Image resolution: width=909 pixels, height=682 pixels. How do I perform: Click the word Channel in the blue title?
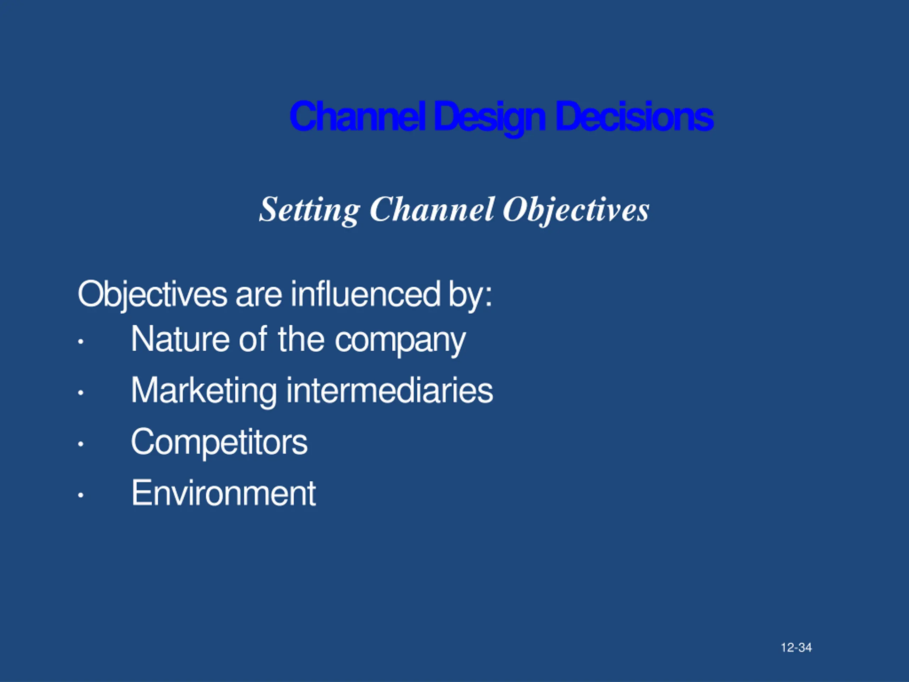(357, 117)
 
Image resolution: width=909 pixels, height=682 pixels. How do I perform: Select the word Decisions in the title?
(634, 117)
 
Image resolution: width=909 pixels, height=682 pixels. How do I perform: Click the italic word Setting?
(309, 210)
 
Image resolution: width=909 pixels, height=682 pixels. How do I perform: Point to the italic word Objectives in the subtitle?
(576, 210)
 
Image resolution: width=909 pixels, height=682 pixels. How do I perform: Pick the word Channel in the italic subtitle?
(431, 209)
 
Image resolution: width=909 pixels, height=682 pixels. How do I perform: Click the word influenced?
(366, 294)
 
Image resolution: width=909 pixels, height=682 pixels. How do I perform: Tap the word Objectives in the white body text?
(152, 294)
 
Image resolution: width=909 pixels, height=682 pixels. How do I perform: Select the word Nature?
(180, 339)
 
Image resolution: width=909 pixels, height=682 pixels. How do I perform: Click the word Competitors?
(219, 442)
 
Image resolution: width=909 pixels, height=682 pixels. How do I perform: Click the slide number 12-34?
(796, 648)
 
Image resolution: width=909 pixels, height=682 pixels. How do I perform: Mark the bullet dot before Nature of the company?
(81, 341)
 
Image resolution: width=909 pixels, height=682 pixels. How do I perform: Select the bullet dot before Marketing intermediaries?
(81, 393)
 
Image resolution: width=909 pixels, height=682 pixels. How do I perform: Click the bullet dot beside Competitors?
(81, 444)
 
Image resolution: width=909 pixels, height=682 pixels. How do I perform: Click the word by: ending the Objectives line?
(470, 295)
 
